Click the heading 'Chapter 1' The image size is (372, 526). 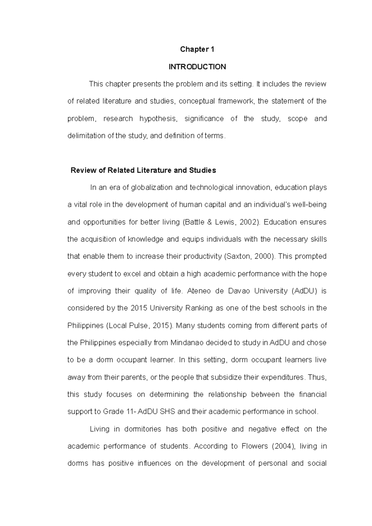click(197, 50)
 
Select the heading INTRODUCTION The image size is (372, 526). click(197, 67)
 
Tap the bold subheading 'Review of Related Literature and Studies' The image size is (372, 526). click(143, 170)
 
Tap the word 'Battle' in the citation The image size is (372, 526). click(194, 222)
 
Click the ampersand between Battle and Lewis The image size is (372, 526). click(210, 222)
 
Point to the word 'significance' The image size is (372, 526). click(204, 119)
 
